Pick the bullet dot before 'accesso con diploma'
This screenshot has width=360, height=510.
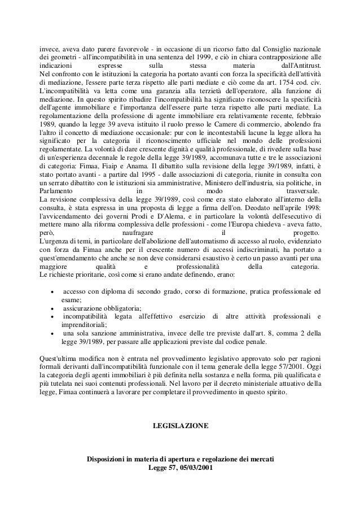point(52,291)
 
